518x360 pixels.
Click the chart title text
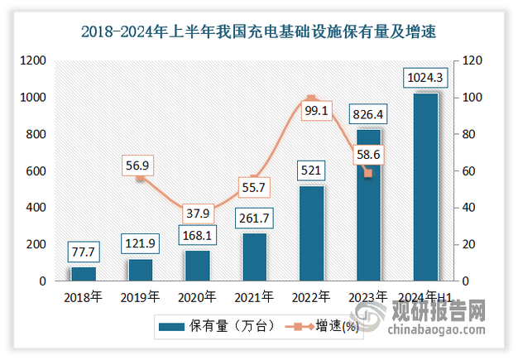click(x=258, y=32)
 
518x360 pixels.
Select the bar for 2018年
click(x=84, y=274)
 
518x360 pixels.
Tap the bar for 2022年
click(x=311, y=233)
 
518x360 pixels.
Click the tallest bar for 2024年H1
click(x=425, y=187)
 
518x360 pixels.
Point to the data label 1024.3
click(x=425, y=79)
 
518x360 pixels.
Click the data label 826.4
click(x=368, y=116)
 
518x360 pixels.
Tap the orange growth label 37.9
click(x=197, y=213)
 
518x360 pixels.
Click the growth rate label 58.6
click(x=368, y=153)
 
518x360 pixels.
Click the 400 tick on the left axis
click(x=36, y=209)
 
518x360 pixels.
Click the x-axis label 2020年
click(x=197, y=296)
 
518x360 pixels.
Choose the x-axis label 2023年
click(x=368, y=296)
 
